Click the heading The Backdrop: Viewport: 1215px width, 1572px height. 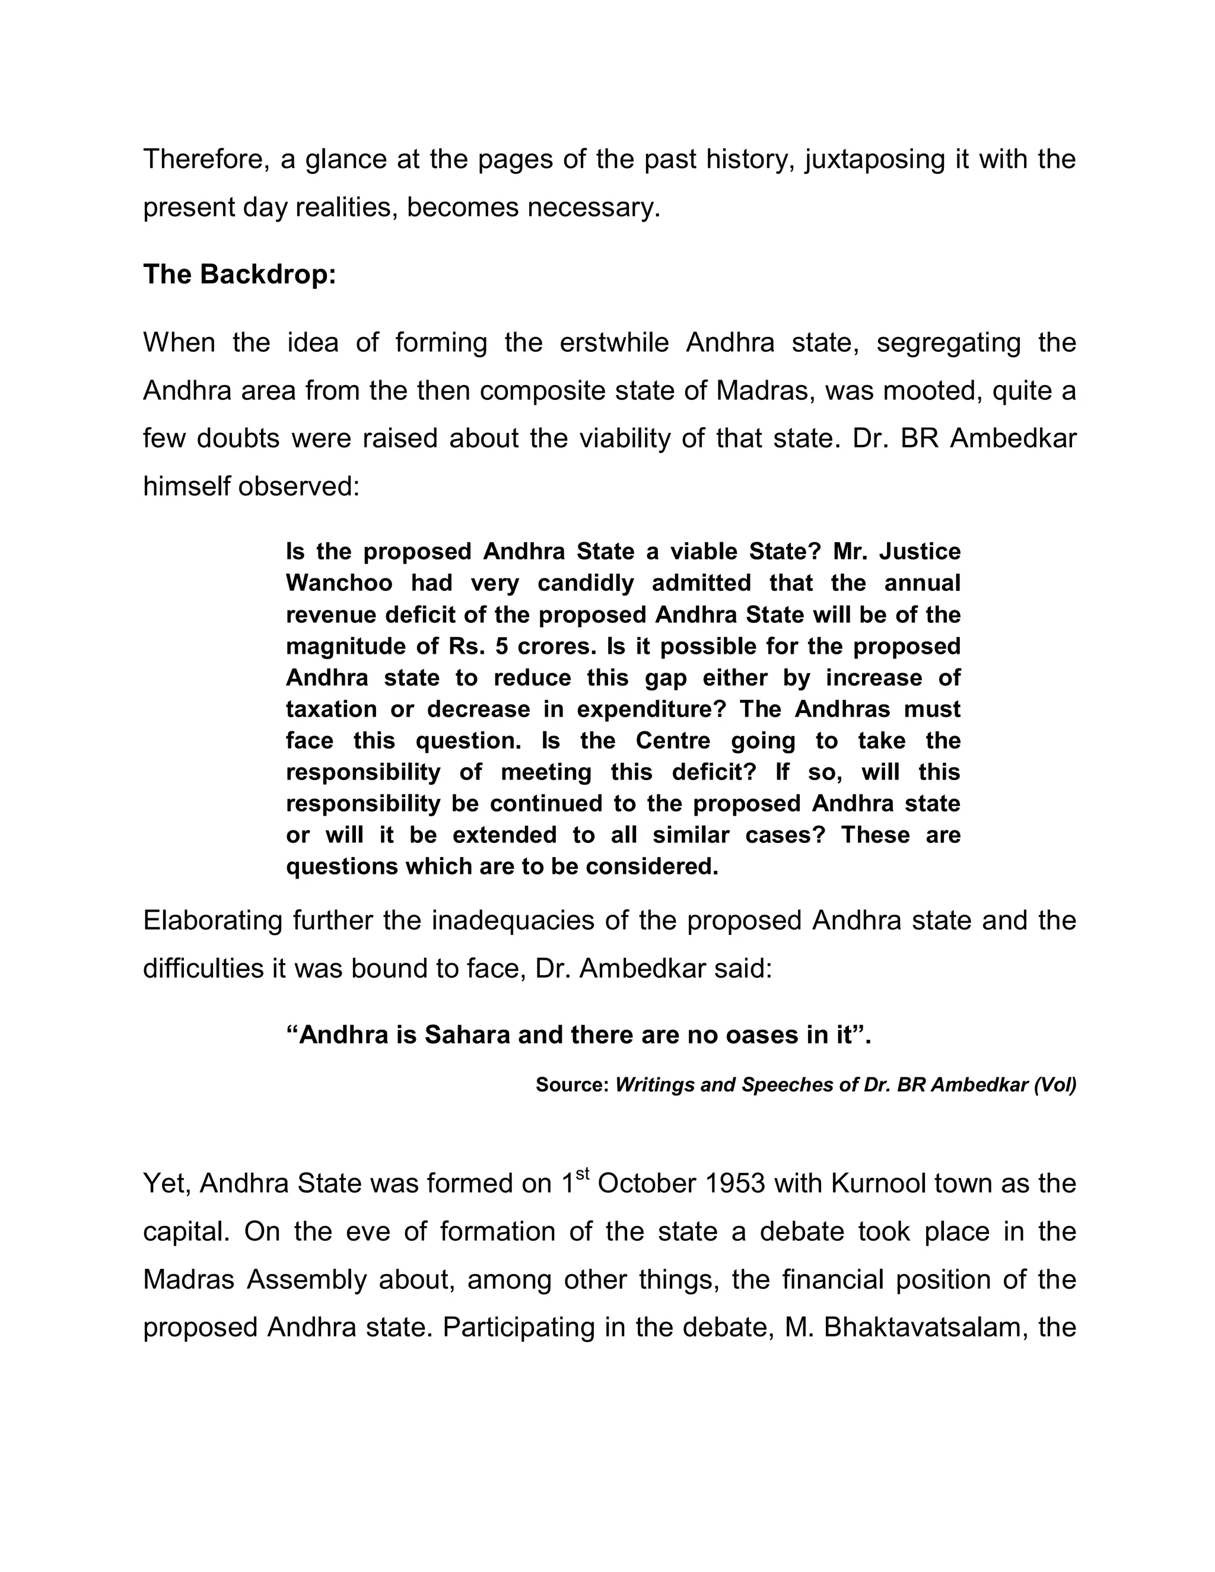click(x=239, y=274)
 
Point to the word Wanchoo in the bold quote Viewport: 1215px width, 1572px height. click(x=339, y=583)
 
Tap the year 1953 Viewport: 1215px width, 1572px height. click(x=735, y=1184)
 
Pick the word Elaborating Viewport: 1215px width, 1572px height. click(x=212, y=921)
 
